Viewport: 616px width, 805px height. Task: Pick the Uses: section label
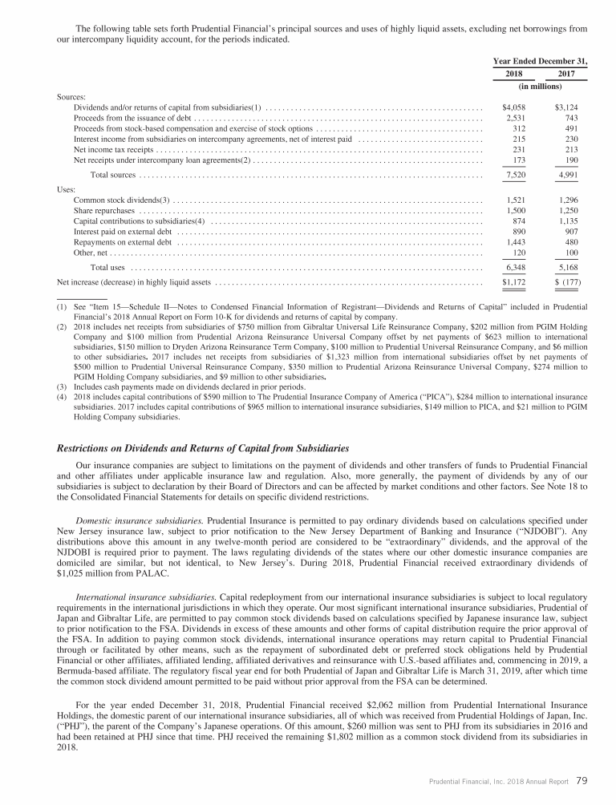pyautogui.click(x=67, y=189)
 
